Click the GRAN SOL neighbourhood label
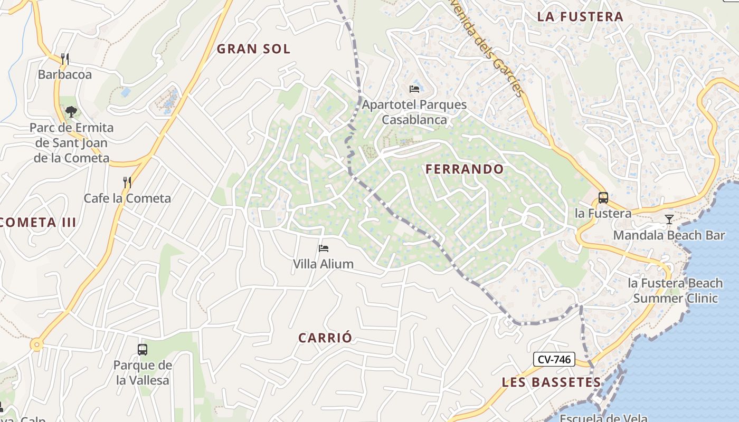pyautogui.click(x=253, y=49)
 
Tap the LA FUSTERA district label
pyautogui.click(x=580, y=16)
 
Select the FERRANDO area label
pyautogui.click(x=465, y=169)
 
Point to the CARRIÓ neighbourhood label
pyautogui.click(x=325, y=338)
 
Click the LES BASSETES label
pyautogui.click(x=551, y=382)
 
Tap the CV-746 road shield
pyautogui.click(x=554, y=360)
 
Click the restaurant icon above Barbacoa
pyautogui.click(x=65, y=59)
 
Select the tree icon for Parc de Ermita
pyautogui.click(x=71, y=112)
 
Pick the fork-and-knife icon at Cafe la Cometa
pyautogui.click(x=127, y=183)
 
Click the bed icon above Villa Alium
pyautogui.click(x=324, y=248)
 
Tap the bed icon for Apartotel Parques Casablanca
pyautogui.click(x=414, y=89)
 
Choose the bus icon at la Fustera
pyautogui.click(x=603, y=198)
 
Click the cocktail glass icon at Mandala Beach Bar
pyautogui.click(x=669, y=219)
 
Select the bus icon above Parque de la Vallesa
pyautogui.click(x=143, y=349)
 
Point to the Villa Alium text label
pyautogui.click(x=323, y=264)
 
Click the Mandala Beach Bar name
pyautogui.click(x=669, y=235)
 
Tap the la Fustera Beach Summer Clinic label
pyautogui.click(x=675, y=291)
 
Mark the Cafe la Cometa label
pyautogui.click(x=127, y=198)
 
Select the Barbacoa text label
pyautogui.click(x=65, y=74)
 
